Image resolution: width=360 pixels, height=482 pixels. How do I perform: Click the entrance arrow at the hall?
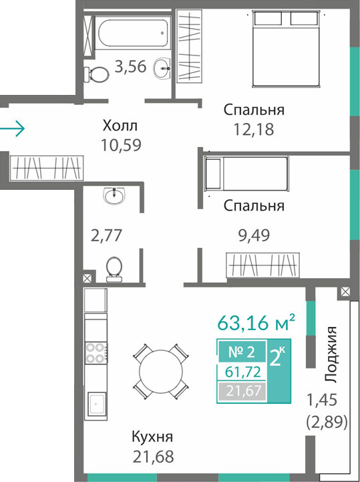(x=12, y=128)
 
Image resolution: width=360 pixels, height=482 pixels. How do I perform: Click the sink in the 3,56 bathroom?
(x=162, y=68)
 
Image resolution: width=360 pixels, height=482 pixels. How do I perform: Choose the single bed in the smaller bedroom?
(x=246, y=173)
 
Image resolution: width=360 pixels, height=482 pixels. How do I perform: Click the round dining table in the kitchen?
(x=160, y=371)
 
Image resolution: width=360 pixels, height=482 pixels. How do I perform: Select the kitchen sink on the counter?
(x=97, y=404)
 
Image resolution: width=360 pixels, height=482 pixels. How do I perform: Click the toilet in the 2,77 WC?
(x=114, y=269)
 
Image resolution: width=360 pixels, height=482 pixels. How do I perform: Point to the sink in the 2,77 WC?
(x=114, y=195)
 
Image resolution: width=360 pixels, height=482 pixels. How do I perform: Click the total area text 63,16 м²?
(x=256, y=322)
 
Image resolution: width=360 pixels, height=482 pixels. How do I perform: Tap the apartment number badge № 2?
(x=242, y=352)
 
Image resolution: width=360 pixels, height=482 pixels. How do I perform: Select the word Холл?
(x=120, y=126)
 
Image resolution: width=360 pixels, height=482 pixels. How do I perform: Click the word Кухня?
(x=152, y=437)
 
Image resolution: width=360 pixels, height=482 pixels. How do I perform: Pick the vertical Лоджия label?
(x=331, y=354)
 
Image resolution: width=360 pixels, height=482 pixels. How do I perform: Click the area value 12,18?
(x=254, y=130)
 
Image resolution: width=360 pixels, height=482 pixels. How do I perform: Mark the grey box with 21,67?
(x=242, y=391)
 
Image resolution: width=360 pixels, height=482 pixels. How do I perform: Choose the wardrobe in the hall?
(x=46, y=168)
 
